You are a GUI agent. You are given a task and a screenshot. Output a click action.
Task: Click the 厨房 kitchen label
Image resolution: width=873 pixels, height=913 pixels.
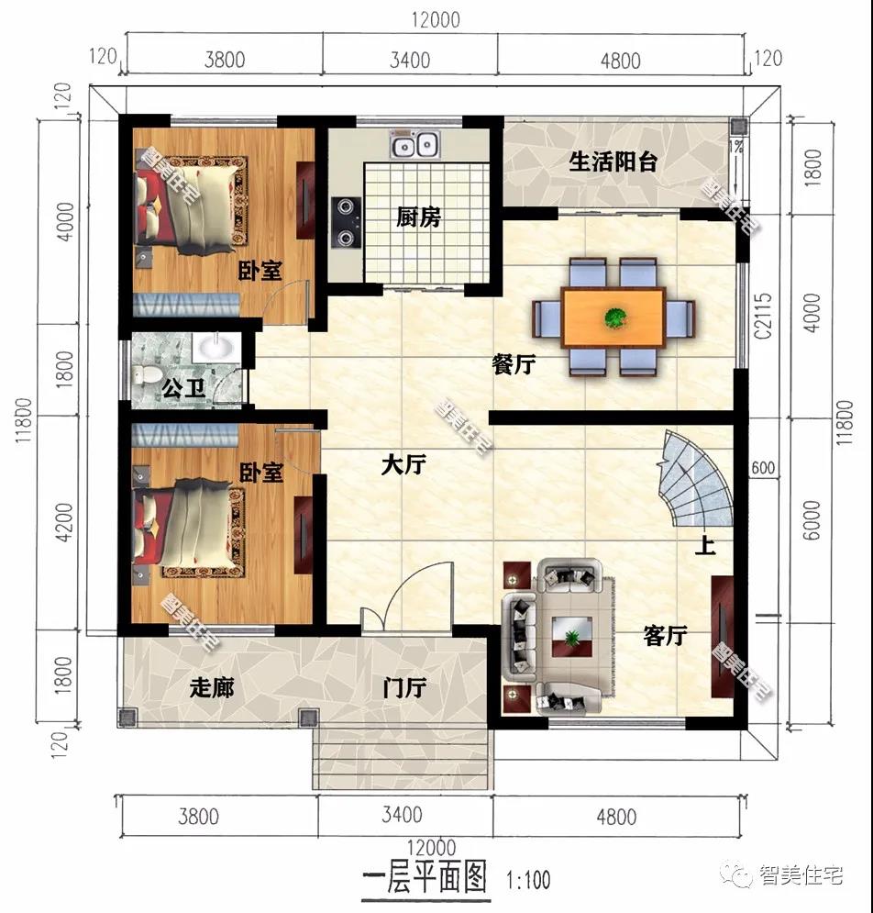pyautogui.click(x=418, y=217)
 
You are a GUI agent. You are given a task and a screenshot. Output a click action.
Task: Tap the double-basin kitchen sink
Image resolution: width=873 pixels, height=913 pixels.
pyautogui.click(x=415, y=143)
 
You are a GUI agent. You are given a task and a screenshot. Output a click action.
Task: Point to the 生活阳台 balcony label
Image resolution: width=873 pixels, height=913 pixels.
pyautogui.click(x=613, y=161)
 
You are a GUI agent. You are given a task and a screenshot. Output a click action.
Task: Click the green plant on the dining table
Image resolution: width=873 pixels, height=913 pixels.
pyautogui.click(x=614, y=317)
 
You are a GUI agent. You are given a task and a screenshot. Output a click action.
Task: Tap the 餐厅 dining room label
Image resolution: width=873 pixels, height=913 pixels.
pyautogui.click(x=514, y=364)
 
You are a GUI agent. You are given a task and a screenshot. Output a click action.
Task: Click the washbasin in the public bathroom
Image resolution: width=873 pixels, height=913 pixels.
pyautogui.click(x=215, y=347)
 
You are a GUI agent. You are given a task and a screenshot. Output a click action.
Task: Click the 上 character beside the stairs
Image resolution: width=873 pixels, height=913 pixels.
pyautogui.click(x=705, y=546)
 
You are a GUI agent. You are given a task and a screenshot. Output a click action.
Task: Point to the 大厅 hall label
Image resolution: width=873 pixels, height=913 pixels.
pyautogui.click(x=403, y=464)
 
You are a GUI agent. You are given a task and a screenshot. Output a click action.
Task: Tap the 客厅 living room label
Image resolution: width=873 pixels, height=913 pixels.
pyautogui.click(x=665, y=635)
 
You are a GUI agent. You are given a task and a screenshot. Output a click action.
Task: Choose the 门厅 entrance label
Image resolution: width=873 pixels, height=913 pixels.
pyautogui.click(x=404, y=687)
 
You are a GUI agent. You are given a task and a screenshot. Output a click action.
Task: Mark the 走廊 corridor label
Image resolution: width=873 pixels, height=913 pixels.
pyautogui.click(x=212, y=687)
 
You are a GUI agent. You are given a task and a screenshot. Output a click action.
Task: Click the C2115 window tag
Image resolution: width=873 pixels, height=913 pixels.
pyautogui.click(x=763, y=316)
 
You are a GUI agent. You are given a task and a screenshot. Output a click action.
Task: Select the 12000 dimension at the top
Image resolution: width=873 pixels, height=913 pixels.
pyautogui.click(x=436, y=19)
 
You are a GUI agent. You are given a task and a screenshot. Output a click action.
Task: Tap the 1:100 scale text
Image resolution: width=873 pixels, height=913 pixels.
pyautogui.click(x=528, y=879)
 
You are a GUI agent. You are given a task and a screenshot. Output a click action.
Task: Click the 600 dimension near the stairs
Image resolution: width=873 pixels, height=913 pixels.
pyautogui.click(x=762, y=468)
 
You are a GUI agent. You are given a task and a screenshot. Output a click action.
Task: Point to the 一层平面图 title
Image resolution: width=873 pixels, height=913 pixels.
pyautogui.click(x=425, y=878)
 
